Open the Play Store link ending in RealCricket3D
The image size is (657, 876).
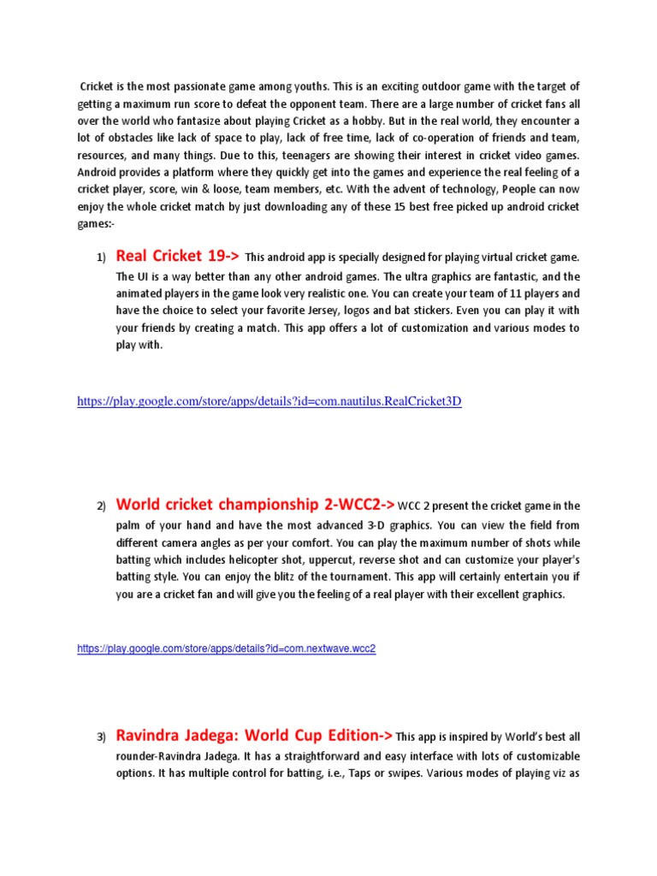(269, 401)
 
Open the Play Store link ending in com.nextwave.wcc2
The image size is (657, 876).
(227, 649)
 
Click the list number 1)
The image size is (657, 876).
(100, 257)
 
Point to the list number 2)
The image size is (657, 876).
(100, 506)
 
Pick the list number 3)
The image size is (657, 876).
(100, 737)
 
